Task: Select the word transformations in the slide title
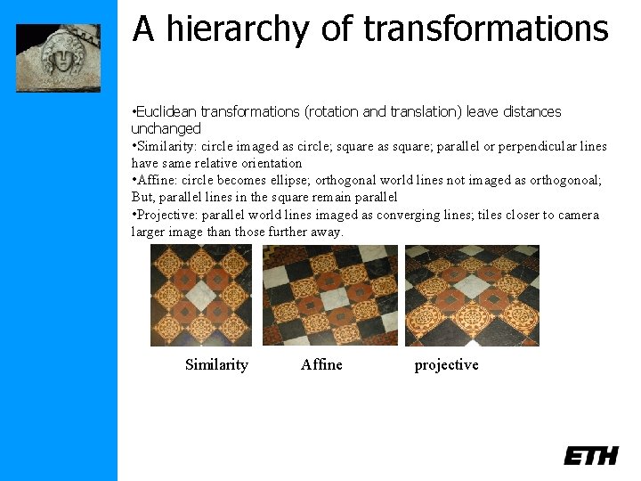point(486,29)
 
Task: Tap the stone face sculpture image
point(58,57)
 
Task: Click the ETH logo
point(590,455)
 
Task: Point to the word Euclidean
point(166,112)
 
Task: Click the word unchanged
point(166,129)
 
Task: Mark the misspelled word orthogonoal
point(562,180)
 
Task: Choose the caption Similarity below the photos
point(216,364)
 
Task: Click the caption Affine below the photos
point(321,364)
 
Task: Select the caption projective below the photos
point(446,364)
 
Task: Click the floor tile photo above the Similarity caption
point(201,295)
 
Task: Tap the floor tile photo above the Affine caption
point(329,295)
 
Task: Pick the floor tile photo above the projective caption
point(472,295)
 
